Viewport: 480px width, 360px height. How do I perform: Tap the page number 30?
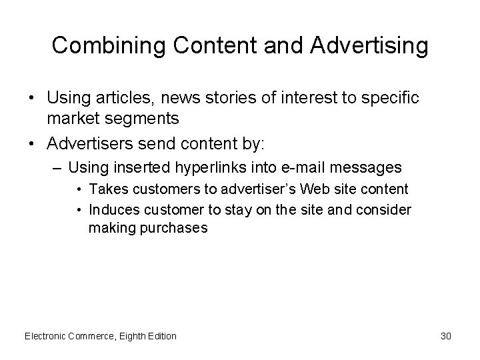pyautogui.click(x=446, y=336)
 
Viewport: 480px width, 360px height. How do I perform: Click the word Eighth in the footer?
pyautogui.click(x=129, y=336)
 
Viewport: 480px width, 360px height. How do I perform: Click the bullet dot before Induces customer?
pyautogui.click(x=79, y=211)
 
